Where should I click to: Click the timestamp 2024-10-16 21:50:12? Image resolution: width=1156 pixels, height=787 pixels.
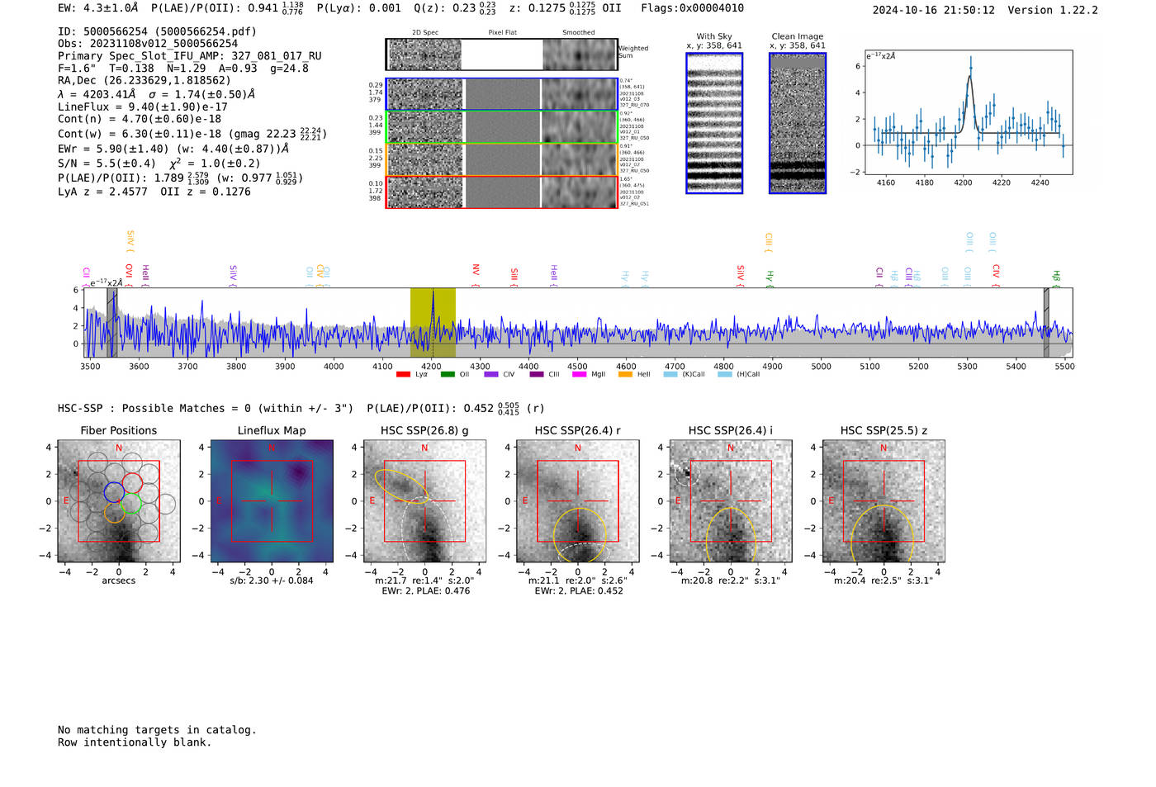(933, 11)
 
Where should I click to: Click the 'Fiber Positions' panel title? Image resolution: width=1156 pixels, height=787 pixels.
(118, 430)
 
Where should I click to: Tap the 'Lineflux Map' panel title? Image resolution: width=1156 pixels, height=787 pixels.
(271, 430)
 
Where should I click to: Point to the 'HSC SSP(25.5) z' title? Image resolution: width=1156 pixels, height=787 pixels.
(884, 430)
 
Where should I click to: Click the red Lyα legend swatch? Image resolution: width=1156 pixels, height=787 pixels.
(403, 374)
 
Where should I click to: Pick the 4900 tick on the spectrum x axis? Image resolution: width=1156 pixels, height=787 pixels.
(772, 366)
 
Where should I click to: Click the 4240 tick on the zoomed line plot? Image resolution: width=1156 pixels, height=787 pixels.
(1040, 183)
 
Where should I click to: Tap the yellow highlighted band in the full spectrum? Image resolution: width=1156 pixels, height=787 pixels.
(433, 323)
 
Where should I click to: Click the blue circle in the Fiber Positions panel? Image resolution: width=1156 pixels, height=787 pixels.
(114, 491)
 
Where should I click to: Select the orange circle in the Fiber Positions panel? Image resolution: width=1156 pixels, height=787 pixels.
(115, 513)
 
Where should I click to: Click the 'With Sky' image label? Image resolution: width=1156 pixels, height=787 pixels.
(714, 36)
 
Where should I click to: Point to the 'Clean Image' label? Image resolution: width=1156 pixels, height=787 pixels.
(797, 36)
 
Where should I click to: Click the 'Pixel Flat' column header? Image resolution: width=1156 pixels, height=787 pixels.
(502, 33)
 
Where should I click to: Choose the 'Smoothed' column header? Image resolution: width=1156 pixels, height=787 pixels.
(578, 33)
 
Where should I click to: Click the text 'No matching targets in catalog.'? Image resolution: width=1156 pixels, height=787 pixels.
(157, 730)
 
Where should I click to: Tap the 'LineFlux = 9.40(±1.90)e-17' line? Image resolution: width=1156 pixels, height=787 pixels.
(142, 107)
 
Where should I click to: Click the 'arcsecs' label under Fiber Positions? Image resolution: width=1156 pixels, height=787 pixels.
(118, 581)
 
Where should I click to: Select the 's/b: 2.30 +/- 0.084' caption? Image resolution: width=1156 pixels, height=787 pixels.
(271, 581)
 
